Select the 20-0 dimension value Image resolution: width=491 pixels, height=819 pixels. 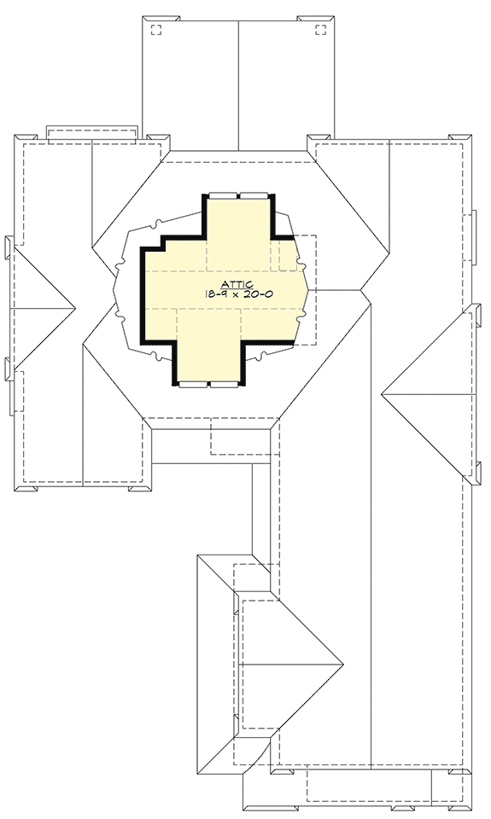257,293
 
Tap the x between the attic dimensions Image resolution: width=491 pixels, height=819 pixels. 234,294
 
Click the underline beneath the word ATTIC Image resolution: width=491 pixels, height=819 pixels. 237,288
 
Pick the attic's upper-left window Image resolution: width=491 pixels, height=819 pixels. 222,195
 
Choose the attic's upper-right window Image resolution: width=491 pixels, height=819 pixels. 254,195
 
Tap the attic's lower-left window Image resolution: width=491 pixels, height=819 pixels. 194,386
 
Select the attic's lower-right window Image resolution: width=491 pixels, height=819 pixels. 224,386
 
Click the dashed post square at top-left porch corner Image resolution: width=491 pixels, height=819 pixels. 156,30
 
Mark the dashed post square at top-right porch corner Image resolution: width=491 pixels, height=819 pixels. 321,30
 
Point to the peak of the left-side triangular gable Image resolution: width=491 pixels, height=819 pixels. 74,306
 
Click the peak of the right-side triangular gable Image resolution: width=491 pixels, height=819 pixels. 382,393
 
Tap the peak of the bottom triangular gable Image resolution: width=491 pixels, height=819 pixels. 342,664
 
